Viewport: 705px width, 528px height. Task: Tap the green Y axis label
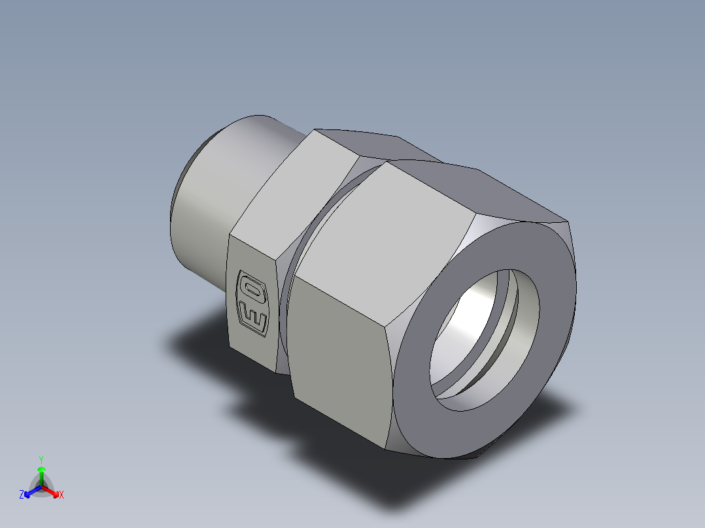coord(41,459)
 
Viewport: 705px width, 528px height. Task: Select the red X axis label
coord(61,495)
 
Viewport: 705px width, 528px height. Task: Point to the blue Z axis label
coord(22,495)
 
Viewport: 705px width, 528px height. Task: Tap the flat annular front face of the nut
coord(419,405)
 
